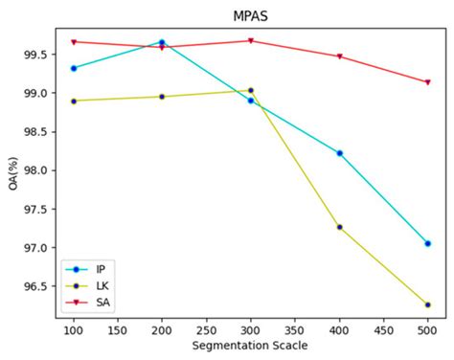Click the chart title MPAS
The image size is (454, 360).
(x=250, y=16)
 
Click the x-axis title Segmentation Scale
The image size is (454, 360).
(x=250, y=345)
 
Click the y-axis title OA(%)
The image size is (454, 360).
(x=12, y=172)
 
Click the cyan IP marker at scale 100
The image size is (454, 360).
(x=74, y=68)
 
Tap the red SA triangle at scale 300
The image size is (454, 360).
(x=251, y=41)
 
